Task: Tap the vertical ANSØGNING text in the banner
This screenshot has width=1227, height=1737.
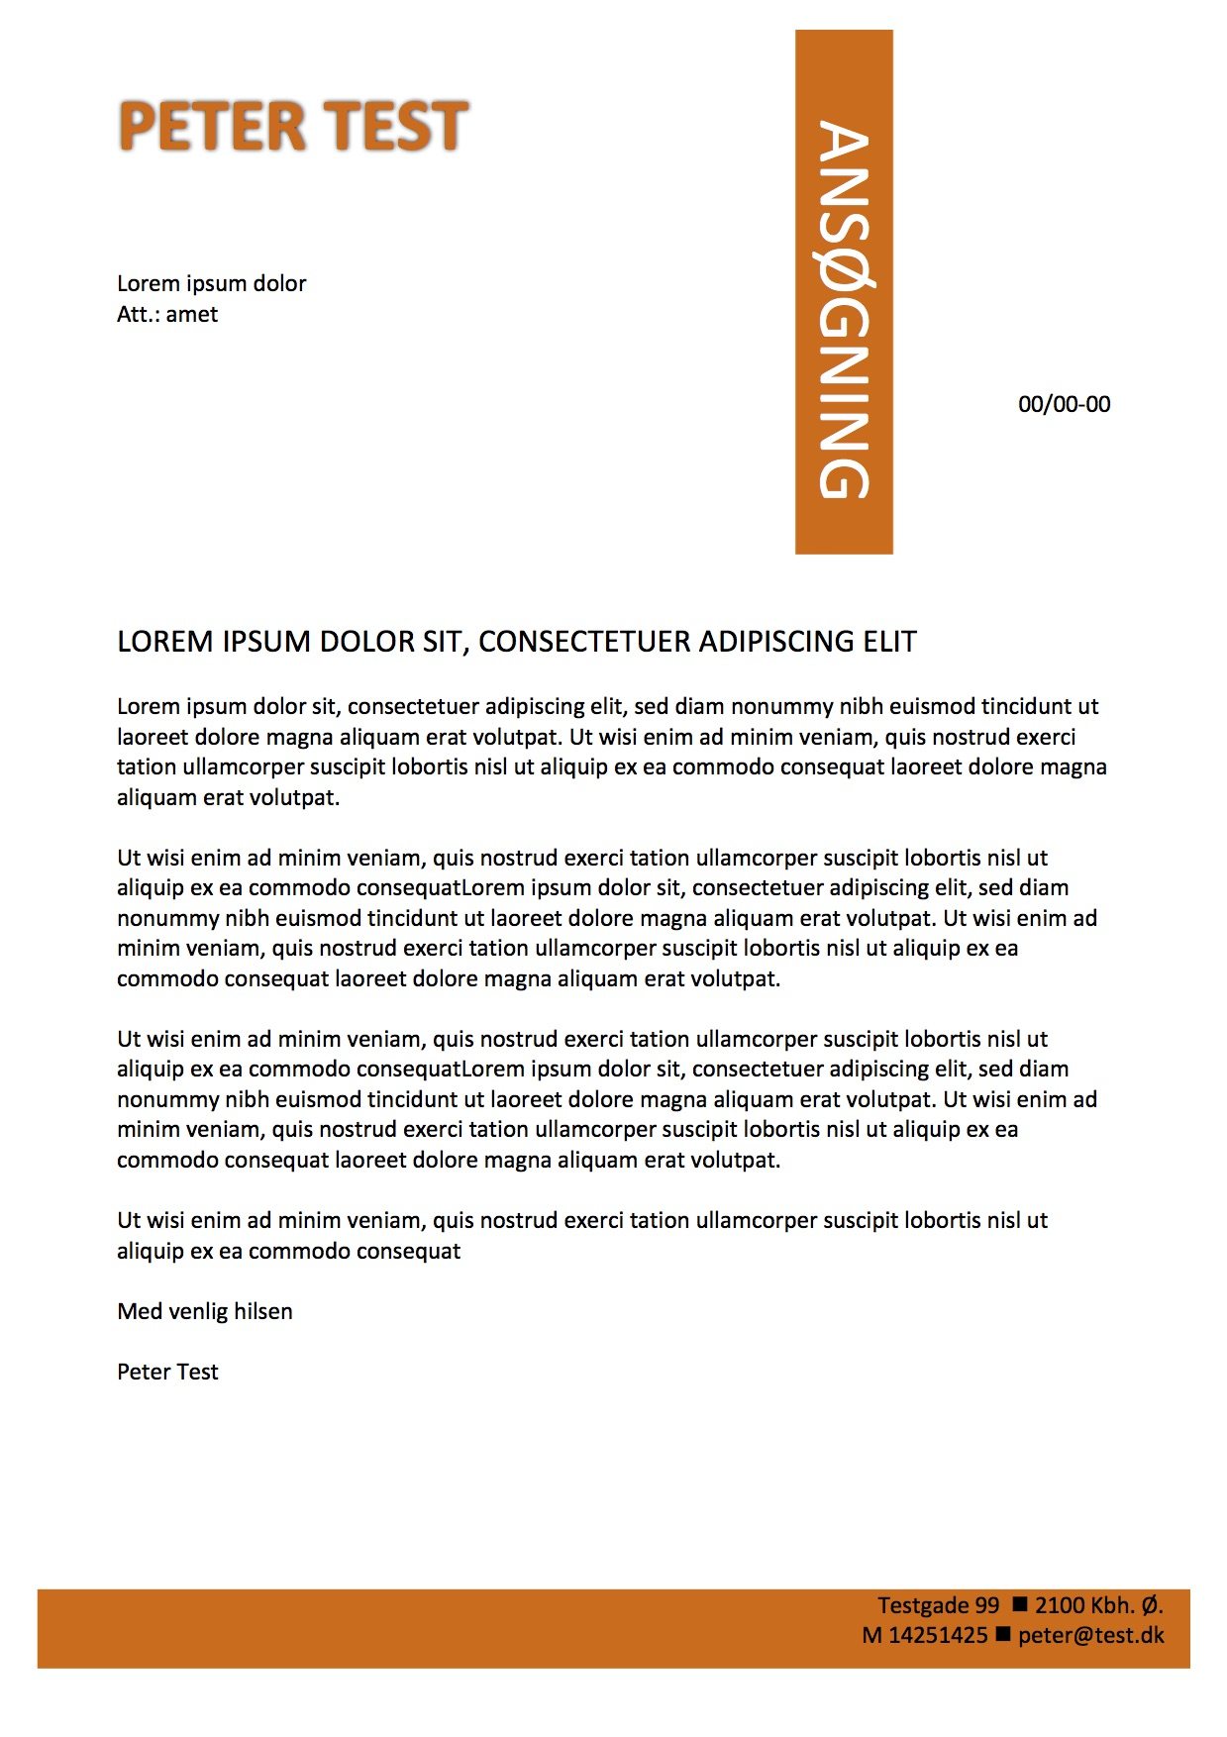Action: [x=844, y=309]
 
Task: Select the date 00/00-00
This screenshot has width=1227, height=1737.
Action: [x=1064, y=404]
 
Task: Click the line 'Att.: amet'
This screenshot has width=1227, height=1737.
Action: [x=166, y=315]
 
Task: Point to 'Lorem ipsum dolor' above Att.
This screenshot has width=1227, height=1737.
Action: [x=211, y=284]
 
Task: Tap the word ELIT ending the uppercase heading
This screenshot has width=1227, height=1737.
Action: [x=889, y=642]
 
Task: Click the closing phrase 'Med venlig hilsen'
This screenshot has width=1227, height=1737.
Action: [x=204, y=1311]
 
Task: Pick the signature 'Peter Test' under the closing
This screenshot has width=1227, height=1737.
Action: [x=166, y=1372]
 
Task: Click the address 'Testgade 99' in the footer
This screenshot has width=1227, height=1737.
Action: [x=938, y=1605]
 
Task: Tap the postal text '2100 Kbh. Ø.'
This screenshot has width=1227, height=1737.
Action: [x=1098, y=1605]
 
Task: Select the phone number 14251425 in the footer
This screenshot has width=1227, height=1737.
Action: [x=938, y=1635]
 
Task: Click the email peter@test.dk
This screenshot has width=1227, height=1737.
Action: [x=1090, y=1635]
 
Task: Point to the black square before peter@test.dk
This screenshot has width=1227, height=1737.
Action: [x=1002, y=1633]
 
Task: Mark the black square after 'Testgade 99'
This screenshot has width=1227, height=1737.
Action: [x=1019, y=1603]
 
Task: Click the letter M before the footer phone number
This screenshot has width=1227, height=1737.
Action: [x=871, y=1635]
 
